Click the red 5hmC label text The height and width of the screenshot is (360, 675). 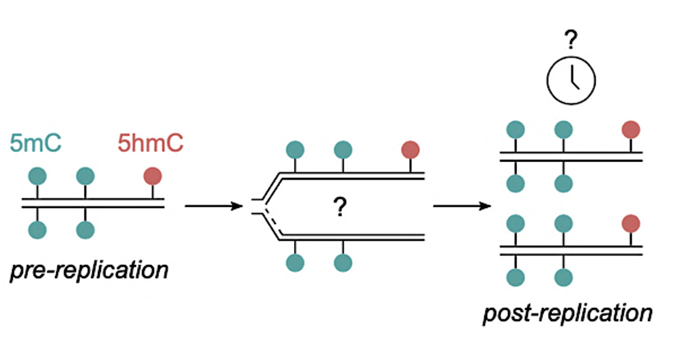[x=150, y=143]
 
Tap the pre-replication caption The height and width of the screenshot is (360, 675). [x=89, y=271]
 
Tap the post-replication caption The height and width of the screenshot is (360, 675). [x=567, y=313]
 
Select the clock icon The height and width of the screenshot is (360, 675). [x=572, y=81]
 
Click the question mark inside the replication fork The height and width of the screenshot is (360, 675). [x=340, y=209]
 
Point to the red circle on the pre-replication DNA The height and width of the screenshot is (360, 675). [x=153, y=176]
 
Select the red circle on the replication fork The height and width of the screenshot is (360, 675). [x=410, y=150]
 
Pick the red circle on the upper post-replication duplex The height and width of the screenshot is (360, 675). [x=630, y=129]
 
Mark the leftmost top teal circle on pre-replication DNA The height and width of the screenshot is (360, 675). [x=37, y=176]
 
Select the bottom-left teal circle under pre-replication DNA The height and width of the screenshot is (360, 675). [x=37, y=230]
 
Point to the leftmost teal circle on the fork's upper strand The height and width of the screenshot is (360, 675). [x=295, y=150]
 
